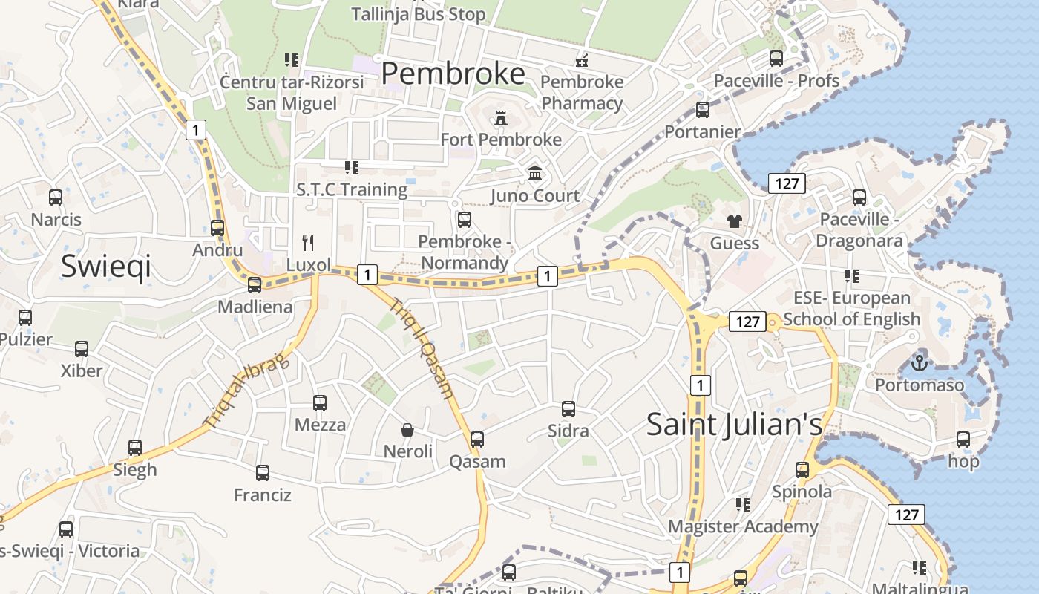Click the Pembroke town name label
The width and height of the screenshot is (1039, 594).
click(453, 74)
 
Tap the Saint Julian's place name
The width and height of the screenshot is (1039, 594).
click(734, 425)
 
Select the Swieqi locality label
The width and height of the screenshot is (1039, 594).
click(106, 265)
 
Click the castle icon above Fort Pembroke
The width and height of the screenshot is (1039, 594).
click(501, 118)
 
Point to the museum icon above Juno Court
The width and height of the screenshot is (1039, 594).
click(534, 174)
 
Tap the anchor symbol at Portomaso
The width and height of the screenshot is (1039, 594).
click(920, 364)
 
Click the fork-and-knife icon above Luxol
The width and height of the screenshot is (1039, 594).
click(309, 242)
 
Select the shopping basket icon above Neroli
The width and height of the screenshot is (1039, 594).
click(407, 429)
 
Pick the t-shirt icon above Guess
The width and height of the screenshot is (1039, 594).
click(735, 221)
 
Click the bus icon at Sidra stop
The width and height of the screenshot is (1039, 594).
click(568, 408)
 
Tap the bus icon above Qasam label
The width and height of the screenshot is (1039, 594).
click(477, 439)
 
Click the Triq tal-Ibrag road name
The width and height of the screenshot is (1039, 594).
click(246, 391)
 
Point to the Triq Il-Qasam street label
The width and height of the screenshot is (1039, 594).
click(421, 349)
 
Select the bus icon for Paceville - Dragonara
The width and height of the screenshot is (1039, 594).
click(859, 198)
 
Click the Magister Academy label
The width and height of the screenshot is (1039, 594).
click(743, 526)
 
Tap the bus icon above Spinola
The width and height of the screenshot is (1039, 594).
click(802, 469)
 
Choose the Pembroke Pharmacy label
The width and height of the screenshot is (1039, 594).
click(582, 92)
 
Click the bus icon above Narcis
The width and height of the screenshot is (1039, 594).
click(56, 198)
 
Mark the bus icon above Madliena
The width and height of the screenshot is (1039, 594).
click(255, 284)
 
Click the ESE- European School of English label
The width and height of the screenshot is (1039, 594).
click(851, 308)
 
